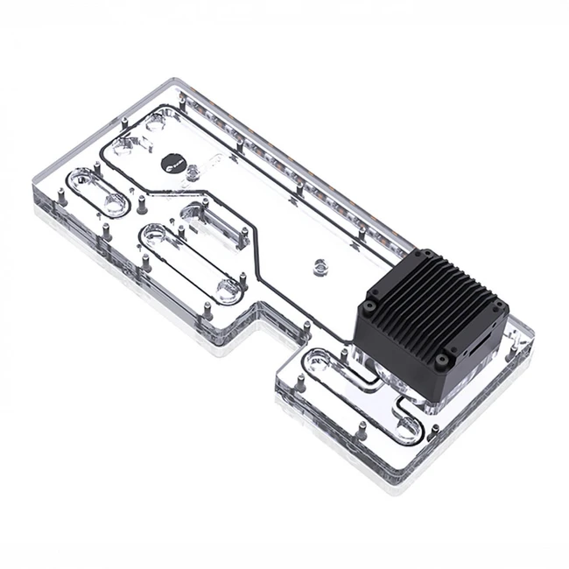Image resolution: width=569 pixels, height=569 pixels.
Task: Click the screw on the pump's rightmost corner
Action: [x=496, y=306]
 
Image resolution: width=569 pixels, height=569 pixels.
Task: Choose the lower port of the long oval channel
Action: [x=229, y=289]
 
